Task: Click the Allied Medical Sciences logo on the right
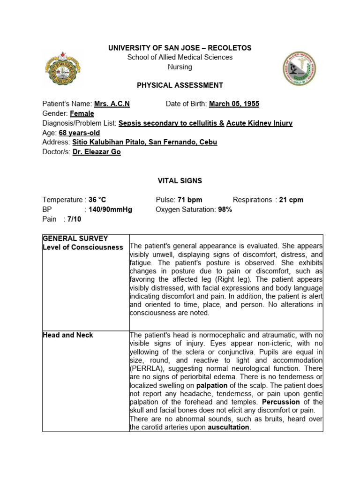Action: tap(300, 68)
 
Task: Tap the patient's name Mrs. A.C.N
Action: tap(112, 104)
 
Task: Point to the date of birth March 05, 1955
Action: tap(234, 104)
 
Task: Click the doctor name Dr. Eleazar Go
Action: tap(97, 152)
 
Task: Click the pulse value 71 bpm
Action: tap(189, 200)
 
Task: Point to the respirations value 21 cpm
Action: tap(291, 200)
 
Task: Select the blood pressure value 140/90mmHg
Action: tap(111, 210)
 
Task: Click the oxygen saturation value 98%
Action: tap(225, 210)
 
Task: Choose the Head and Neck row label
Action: tap(67, 335)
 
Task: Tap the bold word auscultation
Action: tap(229, 427)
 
